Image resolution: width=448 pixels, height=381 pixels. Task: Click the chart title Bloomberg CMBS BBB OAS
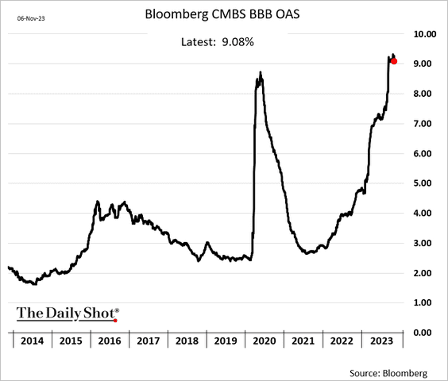coord(222,15)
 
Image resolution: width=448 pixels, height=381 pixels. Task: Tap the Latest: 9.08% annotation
coord(217,42)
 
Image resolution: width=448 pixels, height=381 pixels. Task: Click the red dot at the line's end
coord(394,61)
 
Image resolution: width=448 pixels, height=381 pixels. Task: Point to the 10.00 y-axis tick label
coord(424,34)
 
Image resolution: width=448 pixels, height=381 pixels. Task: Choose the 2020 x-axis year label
coord(265,340)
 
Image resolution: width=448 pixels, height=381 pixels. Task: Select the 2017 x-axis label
coord(148,340)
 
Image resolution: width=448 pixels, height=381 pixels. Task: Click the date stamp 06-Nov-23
coord(28,19)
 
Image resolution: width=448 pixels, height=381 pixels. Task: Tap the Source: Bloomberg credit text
coord(389,373)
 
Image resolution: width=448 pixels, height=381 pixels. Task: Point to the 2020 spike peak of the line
coord(260,72)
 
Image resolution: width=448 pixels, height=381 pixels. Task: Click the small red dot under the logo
coord(115,320)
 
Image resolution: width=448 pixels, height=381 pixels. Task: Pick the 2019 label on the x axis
coord(226,340)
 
